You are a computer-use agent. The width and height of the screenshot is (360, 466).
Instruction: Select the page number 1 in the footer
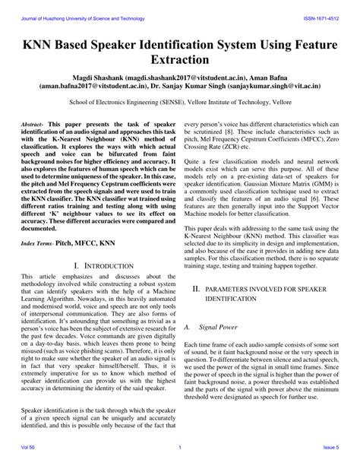pos(179,458)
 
